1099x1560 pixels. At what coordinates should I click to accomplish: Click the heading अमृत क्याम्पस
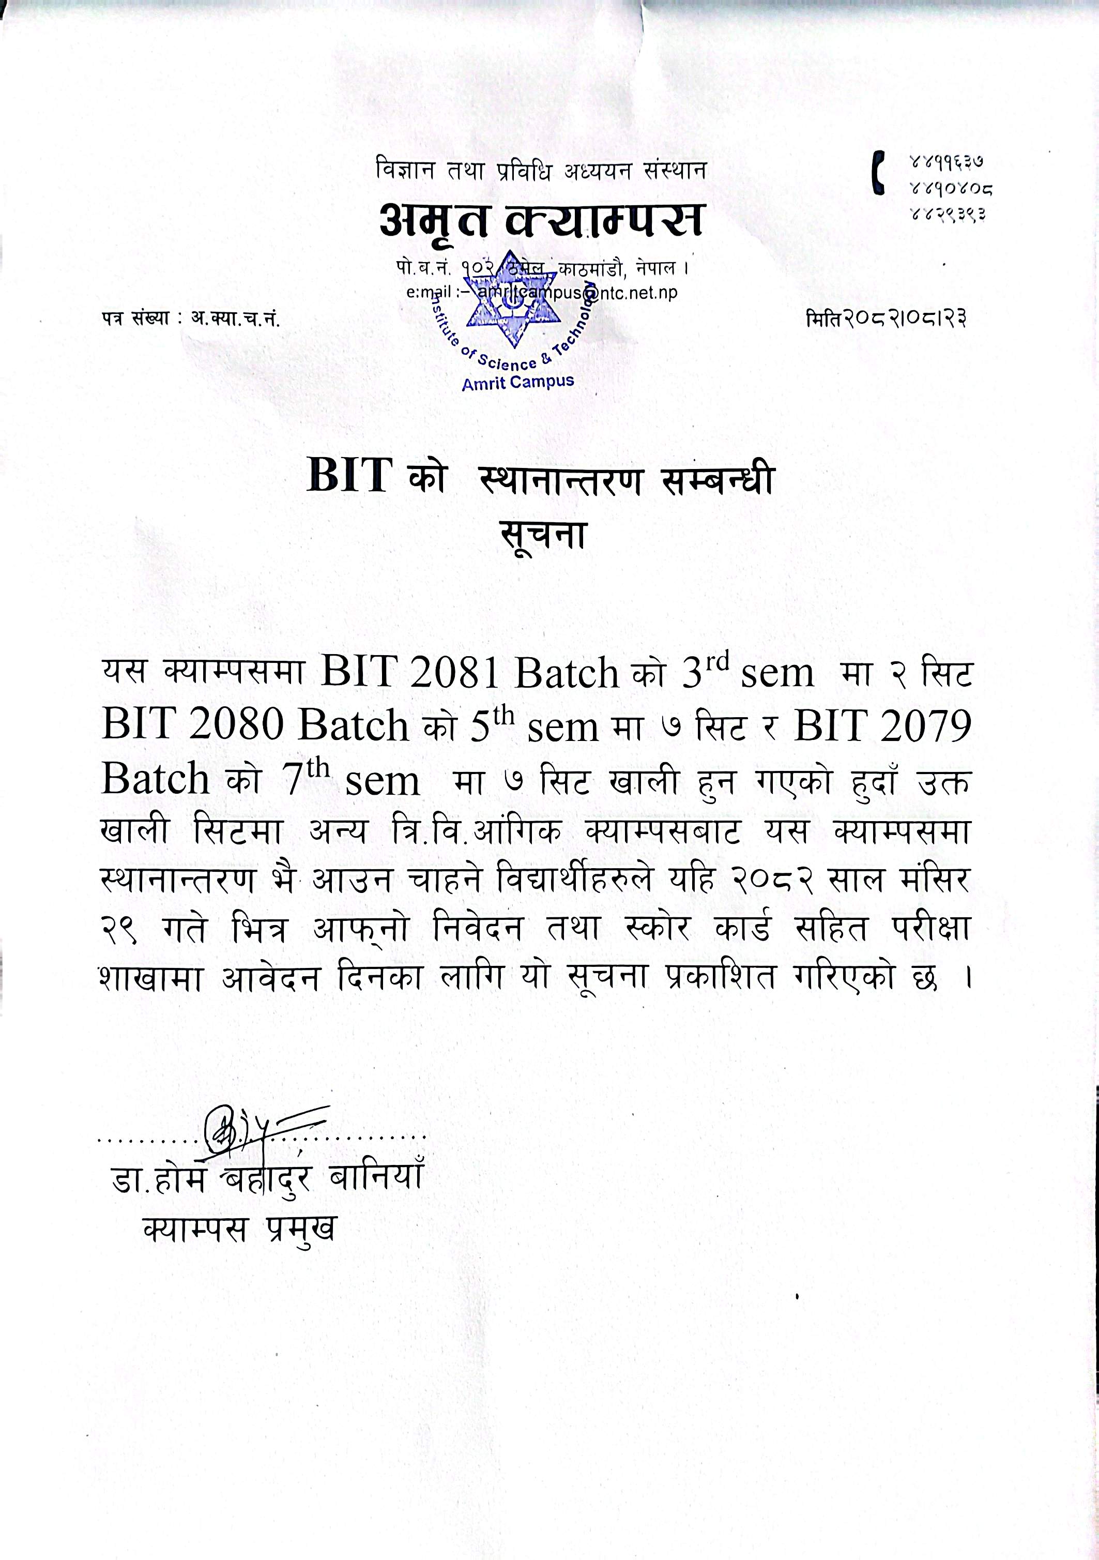[541, 221]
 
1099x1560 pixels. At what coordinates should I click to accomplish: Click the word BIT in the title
[350, 476]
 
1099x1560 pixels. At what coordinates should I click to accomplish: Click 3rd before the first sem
[705, 669]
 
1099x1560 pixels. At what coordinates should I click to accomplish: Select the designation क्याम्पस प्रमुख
[240, 1229]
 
